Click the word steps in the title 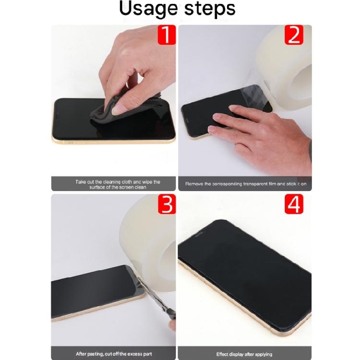tap(210, 9)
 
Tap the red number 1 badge tap(167, 35)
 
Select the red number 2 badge tap(294, 35)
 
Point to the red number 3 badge tap(167, 204)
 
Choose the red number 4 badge tap(294, 204)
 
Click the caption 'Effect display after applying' tap(244, 354)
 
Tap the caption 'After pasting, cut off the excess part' tap(114, 354)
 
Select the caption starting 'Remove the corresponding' tap(246, 184)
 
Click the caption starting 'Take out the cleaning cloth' tap(118, 184)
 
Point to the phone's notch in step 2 tap(186, 120)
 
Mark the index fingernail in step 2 tap(216, 117)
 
